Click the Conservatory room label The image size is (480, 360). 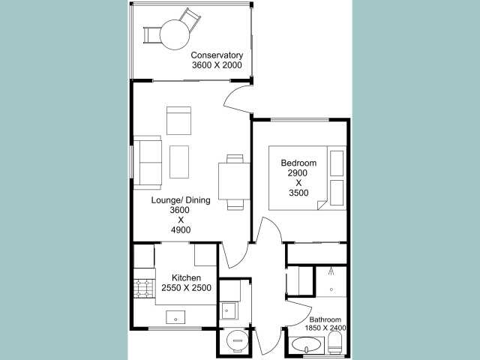(x=217, y=55)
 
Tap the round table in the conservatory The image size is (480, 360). (x=175, y=34)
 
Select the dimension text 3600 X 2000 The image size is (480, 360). (x=217, y=65)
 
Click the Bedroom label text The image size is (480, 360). (x=298, y=163)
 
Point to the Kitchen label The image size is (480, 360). (x=186, y=277)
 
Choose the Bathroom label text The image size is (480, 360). (x=325, y=319)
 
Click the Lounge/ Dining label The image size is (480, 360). (x=181, y=200)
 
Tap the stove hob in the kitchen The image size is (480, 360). (x=145, y=288)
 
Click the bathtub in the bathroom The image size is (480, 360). (x=307, y=345)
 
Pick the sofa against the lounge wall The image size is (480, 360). (x=148, y=162)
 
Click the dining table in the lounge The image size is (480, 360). (x=234, y=181)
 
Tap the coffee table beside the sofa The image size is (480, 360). (x=179, y=162)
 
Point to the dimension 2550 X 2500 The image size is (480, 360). (x=186, y=288)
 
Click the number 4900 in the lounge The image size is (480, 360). (x=181, y=229)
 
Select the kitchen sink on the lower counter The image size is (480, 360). (x=175, y=317)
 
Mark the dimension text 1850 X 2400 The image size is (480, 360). (x=325, y=328)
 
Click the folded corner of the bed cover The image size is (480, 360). (x=322, y=205)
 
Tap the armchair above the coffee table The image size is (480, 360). (x=178, y=121)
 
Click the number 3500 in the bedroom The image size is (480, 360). (x=298, y=193)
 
